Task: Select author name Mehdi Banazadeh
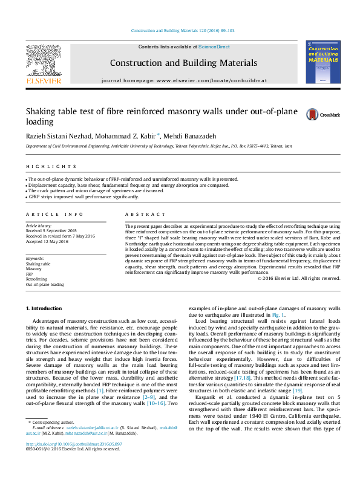(194, 135)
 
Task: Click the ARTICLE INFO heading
(46, 215)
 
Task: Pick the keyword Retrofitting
(36, 279)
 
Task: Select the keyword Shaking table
(38, 264)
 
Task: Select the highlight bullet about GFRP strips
(83, 197)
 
